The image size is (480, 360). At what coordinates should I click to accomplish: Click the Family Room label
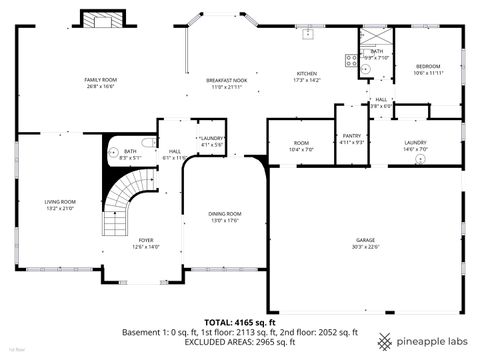(x=100, y=83)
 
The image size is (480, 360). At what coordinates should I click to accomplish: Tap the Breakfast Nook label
(x=227, y=83)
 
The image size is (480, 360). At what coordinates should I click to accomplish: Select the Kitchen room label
(x=306, y=76)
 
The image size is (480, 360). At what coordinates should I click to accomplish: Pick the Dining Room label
(x=225, y=217)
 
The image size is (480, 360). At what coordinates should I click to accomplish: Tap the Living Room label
(x=60, y=205)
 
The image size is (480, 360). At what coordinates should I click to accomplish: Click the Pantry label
(x=351, y=138)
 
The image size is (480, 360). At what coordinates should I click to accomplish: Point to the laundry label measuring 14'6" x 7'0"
(x=415, y=146)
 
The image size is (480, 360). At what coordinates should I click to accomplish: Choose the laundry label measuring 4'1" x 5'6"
(x=211, y=141)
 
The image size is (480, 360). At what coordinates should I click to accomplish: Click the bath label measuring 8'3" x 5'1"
(x=131, y=155)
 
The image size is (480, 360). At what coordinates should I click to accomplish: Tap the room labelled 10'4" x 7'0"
(x=301, y=146)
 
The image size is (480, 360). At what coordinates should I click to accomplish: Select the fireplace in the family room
(x=102, y=21)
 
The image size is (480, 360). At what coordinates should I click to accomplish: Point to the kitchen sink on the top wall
(x=310, y=34)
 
